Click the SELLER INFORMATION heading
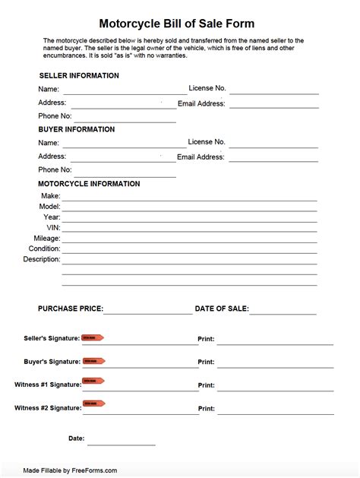[78, 76]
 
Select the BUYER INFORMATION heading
[77, 129]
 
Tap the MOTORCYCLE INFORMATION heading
[89, 184]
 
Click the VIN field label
[53, 227]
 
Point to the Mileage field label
[46, 238]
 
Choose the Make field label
[50, 196]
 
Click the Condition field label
[44, 248]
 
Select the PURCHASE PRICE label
[71, 309]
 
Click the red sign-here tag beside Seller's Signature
[93, 337]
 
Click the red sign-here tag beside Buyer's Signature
[93, 361]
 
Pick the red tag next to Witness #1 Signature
[93, 381]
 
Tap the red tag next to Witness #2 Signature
[93, 404]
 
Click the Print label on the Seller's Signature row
[206, 339]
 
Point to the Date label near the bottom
[76, 438]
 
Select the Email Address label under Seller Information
[201, 103]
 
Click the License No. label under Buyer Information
[207, 142]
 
